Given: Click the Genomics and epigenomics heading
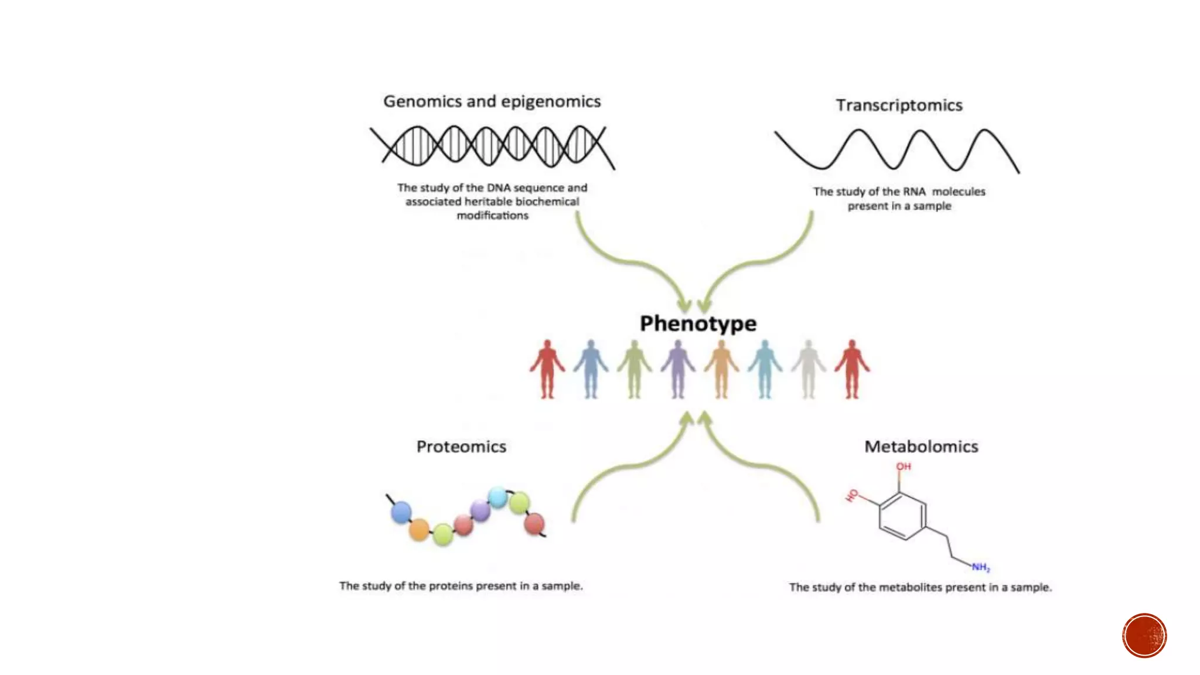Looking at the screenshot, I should [x=492, y=101].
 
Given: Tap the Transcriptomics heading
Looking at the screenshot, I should [x=899, y=105].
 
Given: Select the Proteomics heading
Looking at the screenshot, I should [x=461, y=446].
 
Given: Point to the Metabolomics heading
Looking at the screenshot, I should [x=921, y=446].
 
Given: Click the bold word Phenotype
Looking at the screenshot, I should [x=698, y=323].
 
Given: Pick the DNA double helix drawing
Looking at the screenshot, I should [x=492, y=146].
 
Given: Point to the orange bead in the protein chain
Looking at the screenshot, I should [x=419, y=530].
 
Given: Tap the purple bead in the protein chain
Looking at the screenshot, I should [x=480, y=510].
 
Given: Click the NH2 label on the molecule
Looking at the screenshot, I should [x=980, y=567].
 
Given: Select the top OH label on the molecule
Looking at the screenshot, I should [x=904, y=466].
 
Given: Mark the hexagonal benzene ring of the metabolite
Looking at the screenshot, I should [x=902, y=516].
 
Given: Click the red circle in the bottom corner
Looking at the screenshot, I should [x=1144, y=636].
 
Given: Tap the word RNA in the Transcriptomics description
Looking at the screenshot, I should [x=914, y=192].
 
